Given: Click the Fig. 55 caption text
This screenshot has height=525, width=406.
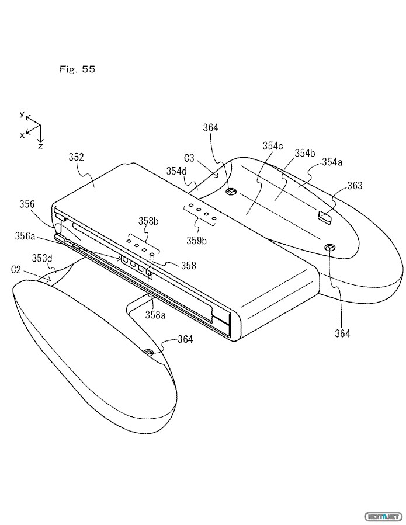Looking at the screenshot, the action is click(77, 69).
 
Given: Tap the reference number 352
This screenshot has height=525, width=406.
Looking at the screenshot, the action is click(76, 157).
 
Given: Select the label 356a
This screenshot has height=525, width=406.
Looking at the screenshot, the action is click(25, 236).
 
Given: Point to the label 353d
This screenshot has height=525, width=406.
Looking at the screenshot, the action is click(42, 258).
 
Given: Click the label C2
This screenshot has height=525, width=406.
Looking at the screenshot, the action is click(16, 270).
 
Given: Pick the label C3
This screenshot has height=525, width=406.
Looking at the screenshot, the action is click(189, 158).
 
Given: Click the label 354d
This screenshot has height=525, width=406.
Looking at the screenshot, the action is click(176, 171).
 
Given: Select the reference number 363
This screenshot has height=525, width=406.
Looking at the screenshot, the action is click(355, 186).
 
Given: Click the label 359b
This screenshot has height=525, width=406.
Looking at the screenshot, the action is click(197, 241).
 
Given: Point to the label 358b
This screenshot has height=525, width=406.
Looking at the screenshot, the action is click(148, 221).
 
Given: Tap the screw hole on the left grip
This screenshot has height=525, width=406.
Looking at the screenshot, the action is click(149, 353).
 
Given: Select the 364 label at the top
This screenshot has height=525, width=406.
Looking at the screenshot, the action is click(210, 127).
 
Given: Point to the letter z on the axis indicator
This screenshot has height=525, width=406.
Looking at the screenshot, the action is click(40, 146).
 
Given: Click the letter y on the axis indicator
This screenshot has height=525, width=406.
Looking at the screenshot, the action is click(22, 114).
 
